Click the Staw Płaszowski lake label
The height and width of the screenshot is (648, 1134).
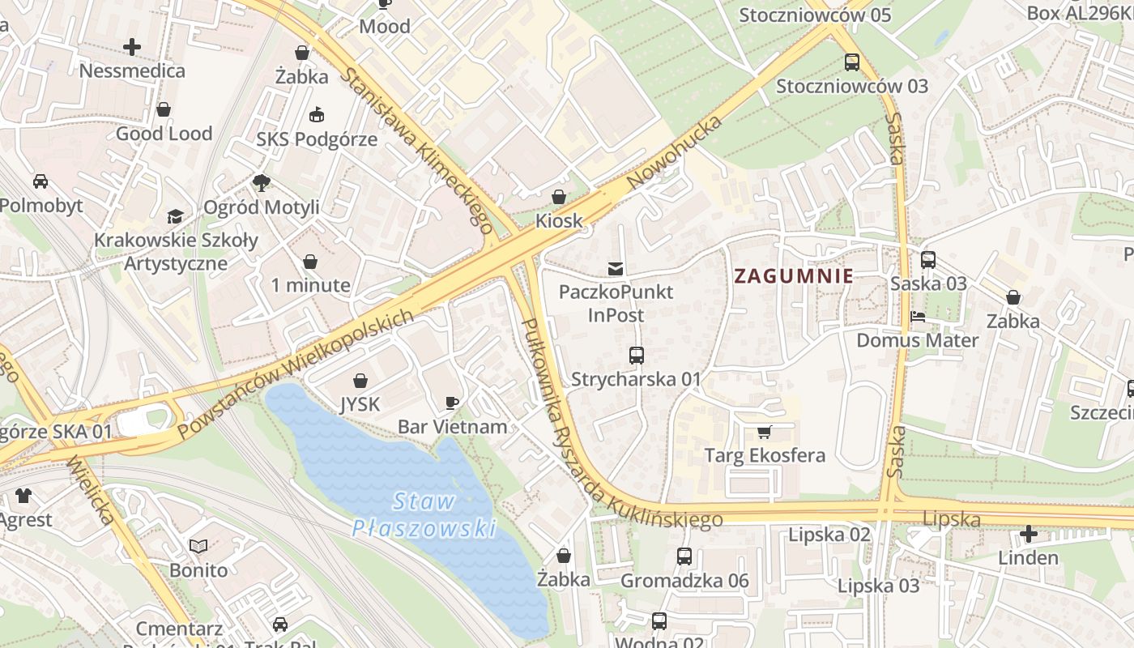click(424, 515)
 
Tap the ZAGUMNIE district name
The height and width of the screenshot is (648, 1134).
click(793, 275)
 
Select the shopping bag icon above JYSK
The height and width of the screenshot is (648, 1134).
click(360, 381)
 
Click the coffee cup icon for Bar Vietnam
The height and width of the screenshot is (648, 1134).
click(452, 403)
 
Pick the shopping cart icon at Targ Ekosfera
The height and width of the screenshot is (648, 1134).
click(764, 432)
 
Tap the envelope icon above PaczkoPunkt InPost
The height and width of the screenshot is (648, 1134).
click(616, 268)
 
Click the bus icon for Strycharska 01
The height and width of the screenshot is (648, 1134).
click(637, 355)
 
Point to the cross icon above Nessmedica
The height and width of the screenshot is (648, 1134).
click(132, 47)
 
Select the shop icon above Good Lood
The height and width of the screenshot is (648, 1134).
click(164, 109)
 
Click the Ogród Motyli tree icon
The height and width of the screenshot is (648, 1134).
click(261, 183)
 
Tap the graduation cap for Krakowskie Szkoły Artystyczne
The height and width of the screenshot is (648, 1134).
click(175, 216)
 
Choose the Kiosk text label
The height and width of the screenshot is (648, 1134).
click(559, 220)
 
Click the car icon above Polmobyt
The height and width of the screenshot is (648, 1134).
click(40, 181)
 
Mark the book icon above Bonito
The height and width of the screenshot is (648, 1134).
click(198, 547)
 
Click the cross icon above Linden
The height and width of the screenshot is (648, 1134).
click(1028, 534)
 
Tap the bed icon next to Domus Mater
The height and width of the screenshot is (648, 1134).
click(918, 317)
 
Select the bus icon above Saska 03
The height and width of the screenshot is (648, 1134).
click(928, 260)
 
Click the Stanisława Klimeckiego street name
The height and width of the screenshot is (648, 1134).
click(417, 151)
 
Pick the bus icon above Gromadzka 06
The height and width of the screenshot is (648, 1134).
click(684, 556)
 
